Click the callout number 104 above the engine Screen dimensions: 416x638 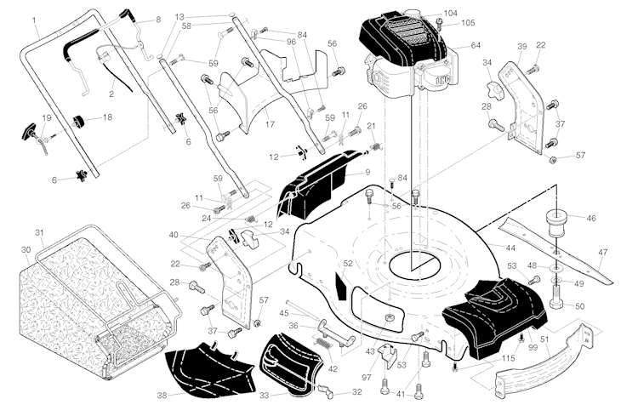tap(450, 14)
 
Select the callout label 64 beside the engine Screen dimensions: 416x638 tap(475, 45)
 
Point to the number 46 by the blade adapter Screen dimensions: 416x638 tap(590, 219)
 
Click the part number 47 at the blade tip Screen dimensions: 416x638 tap(602, 253)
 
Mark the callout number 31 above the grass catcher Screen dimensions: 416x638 tap(39, 233)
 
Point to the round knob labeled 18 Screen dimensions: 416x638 tap(84, 117)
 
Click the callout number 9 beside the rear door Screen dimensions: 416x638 tap(367, 173)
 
